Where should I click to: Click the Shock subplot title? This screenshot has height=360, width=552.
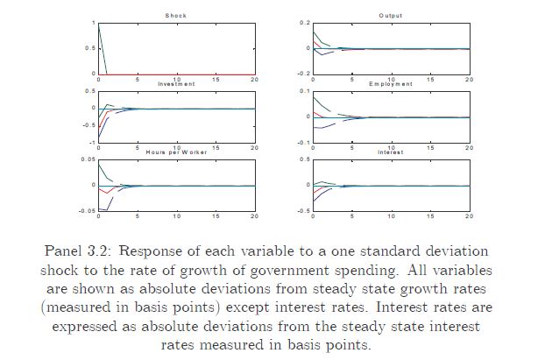click(176, 16)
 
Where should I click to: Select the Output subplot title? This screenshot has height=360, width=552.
click(390, 16)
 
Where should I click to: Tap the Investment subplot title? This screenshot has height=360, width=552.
click(176, 83)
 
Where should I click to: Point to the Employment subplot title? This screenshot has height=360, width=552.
click(390, 83)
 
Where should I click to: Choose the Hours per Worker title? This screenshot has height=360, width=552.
click(176, 152)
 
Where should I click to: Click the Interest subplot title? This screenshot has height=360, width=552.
click(390, 152)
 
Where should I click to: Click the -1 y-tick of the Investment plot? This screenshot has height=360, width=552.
click(91, 142)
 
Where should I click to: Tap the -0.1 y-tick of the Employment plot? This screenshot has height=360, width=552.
click(304, 142)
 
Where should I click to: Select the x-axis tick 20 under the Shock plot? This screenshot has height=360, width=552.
click(254, 79)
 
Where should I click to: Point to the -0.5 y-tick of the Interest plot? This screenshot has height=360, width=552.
click(304, 211)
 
